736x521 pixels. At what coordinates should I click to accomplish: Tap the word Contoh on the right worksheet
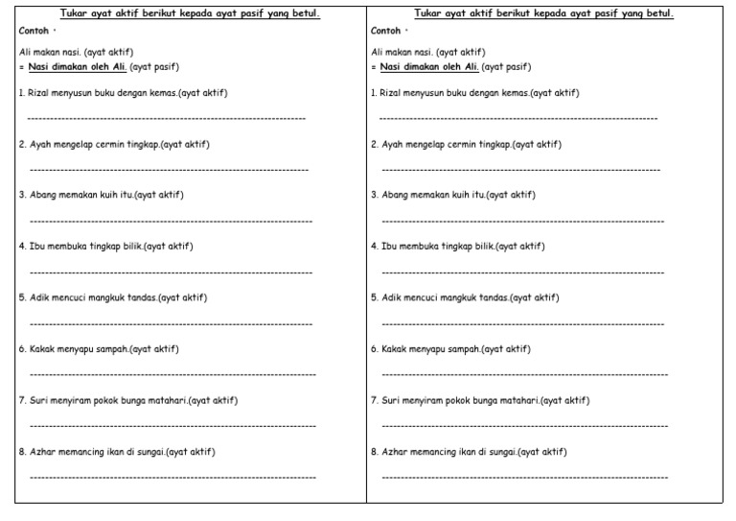pyautogui.click(x=385, y=31)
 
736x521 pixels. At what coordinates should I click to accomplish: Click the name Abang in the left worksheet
pyautogui.click(x=44, y=195)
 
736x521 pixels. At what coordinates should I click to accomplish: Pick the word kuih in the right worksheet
pyautogui.click(x=456, y=195)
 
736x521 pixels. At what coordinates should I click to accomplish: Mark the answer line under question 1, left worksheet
pyautogui.click(x=167, y=119)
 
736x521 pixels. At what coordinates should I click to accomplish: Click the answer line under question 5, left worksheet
pyautogui.click(x=171, y=323)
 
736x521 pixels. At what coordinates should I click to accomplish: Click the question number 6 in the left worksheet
pyautogui.click(x=22, y=348)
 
